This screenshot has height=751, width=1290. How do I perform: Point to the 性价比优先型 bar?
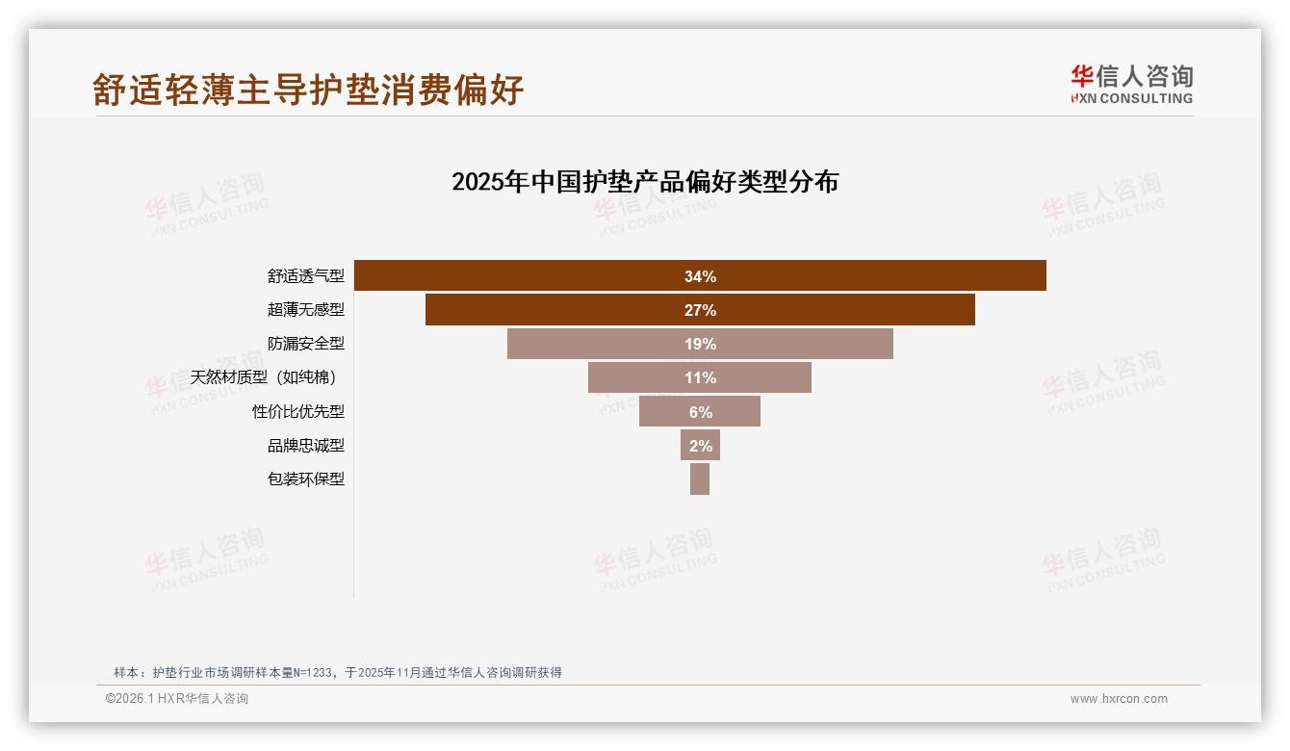(x=664, y=411)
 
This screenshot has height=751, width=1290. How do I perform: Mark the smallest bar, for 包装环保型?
(x=700, y=479)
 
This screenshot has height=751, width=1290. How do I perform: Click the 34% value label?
(x=700, y=276)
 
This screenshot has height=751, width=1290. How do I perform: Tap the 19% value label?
(x=700, y=344)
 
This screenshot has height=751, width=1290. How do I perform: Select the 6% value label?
(x=700, y=411)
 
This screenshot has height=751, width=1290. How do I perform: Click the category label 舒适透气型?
(x=305, y=276)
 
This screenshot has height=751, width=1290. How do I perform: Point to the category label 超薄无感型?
(x=305, y=310)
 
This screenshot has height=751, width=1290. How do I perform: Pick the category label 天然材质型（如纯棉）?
(x=267, y=377)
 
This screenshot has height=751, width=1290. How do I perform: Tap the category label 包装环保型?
(x=305, y=479)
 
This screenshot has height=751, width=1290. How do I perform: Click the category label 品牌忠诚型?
(x=305, y=445)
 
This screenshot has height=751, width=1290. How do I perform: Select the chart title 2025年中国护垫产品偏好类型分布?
(x=645, y=182)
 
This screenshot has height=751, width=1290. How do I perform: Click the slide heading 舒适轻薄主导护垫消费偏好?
(x=308, y=90)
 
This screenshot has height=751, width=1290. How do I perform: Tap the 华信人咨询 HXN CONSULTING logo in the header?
(x=1131, y=84)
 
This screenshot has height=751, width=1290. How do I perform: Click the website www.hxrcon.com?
(x=1119, y=699)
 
